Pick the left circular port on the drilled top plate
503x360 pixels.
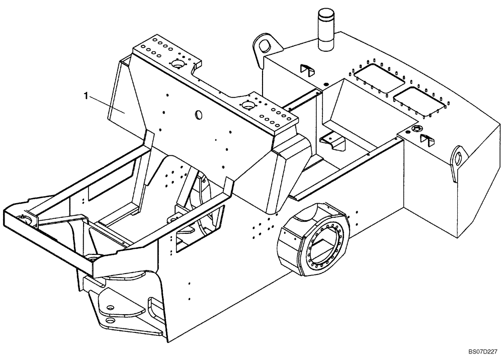coord(178,64)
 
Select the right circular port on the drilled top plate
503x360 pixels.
coord(247,105)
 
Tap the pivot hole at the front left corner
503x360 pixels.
coord(22,217)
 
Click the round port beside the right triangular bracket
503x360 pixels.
coord(416,130)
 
